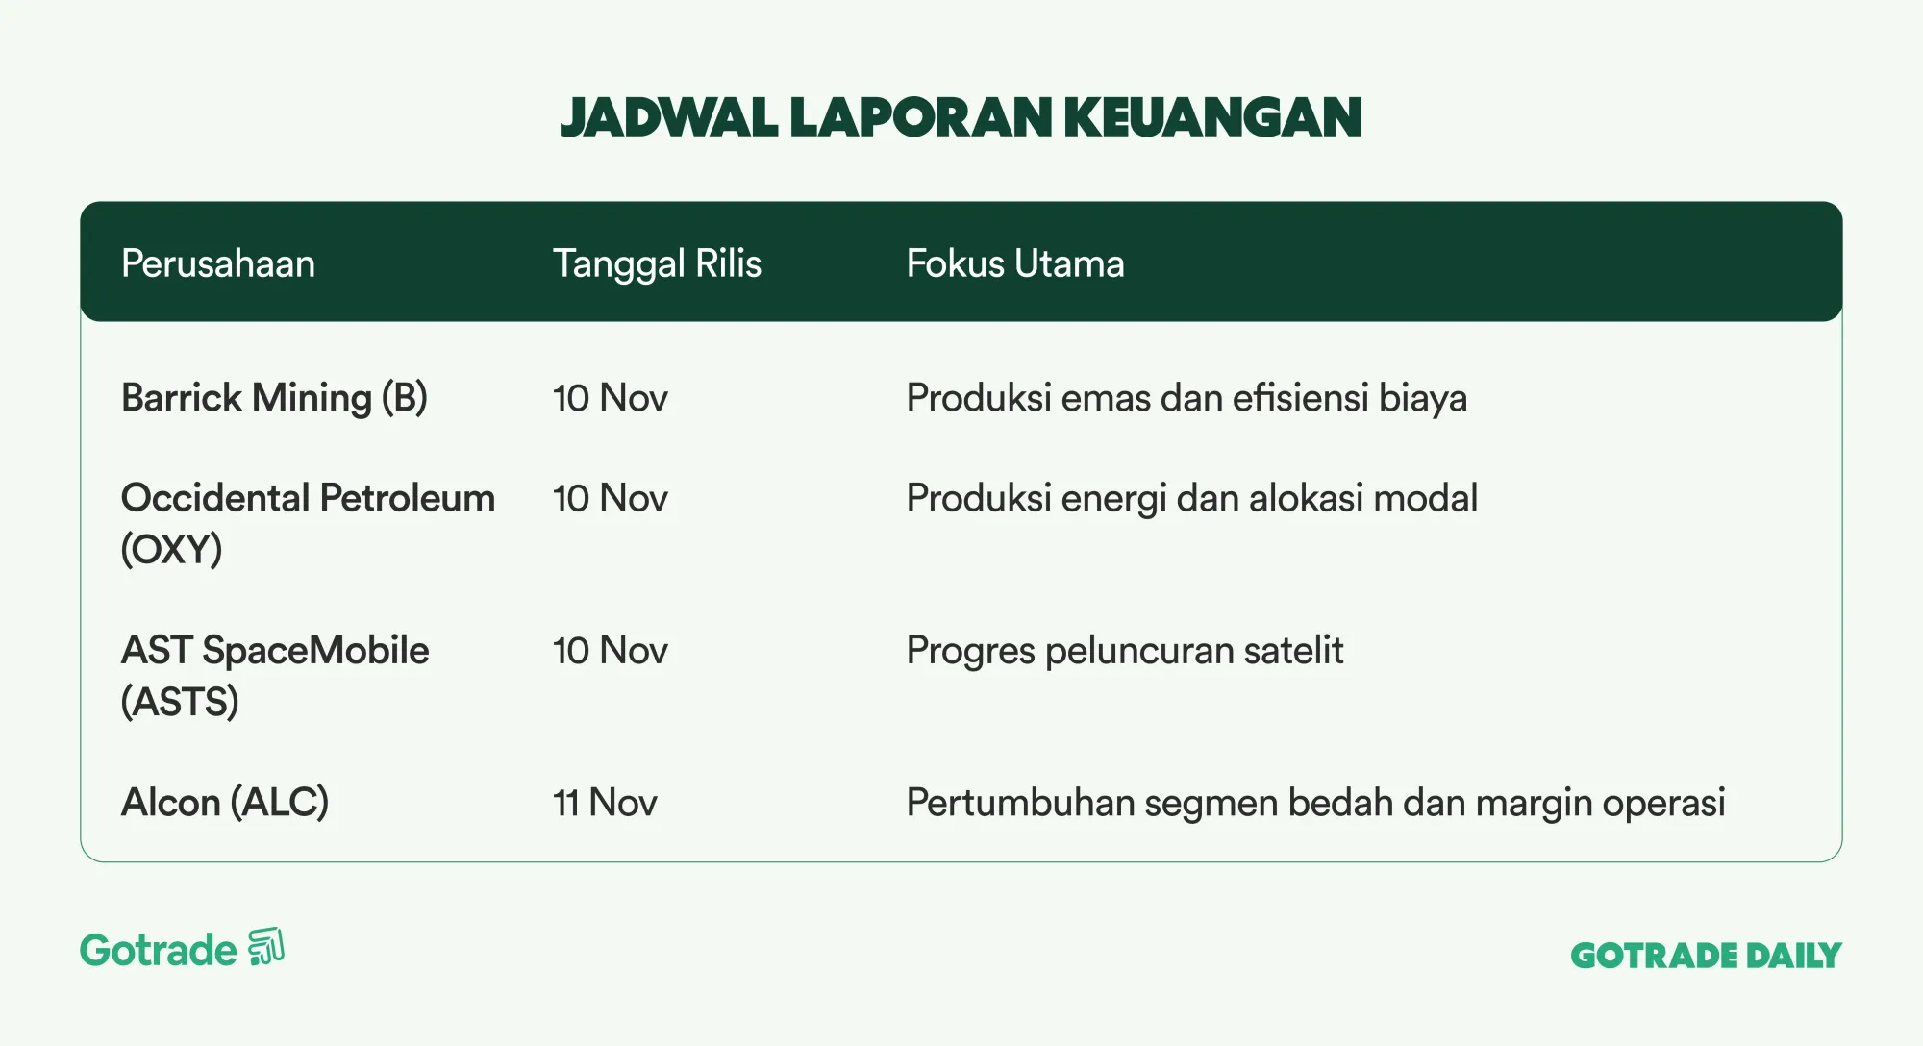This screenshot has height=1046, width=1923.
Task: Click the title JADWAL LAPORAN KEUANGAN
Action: click(961, 117)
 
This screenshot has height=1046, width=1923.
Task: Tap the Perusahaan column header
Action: click(218, 263)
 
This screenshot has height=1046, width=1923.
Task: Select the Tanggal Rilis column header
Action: click(657, 264)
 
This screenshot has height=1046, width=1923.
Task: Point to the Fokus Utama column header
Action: click(1015, 263)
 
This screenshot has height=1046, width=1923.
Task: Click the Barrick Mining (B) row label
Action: click(274, 398)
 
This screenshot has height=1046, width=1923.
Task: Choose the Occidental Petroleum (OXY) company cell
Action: click(308, 523)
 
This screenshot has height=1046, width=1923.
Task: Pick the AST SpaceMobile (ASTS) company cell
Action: click(275, 676)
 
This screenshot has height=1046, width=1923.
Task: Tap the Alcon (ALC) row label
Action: click(225, 803)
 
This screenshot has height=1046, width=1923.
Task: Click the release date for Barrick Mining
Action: click(610, 398)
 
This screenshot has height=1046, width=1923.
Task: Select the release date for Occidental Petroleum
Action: click(610, 498)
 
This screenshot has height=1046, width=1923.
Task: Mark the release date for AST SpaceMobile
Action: click(610, 651)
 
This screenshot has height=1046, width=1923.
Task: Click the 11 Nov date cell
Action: click(605, 803)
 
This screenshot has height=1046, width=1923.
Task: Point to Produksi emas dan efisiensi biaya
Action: click(1186, 398)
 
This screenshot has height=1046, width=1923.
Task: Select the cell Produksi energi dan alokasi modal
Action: click(1192, 499)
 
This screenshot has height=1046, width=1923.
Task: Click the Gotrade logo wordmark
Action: click(159, 950)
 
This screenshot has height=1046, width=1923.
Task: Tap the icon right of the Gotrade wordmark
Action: click(266, 947)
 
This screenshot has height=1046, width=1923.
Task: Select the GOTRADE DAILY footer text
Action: click(1706, 956)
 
